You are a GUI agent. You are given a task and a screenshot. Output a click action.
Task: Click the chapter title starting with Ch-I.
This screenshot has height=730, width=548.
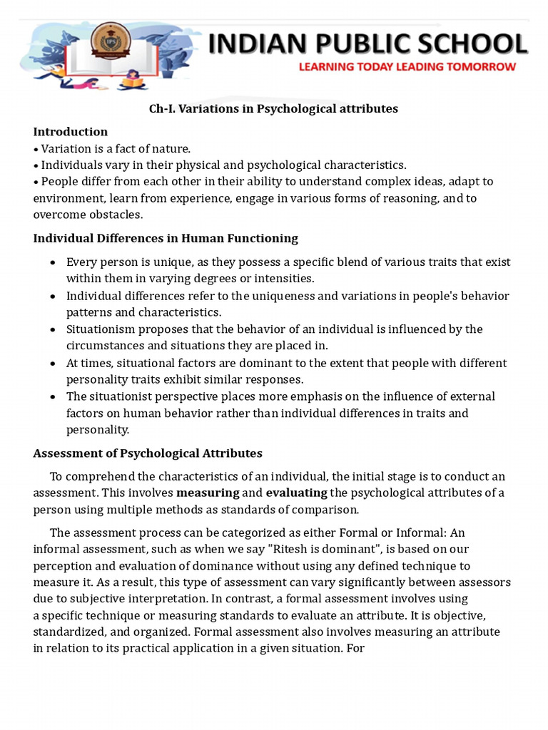pyautogui.click(x=273, y=108)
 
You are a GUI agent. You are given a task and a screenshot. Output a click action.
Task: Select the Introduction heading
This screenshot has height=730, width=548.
pyautogui.click(x=71, y=131)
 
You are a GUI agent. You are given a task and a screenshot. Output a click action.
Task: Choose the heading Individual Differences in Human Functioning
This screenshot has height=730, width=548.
pyautogui.click(x=166, y=237)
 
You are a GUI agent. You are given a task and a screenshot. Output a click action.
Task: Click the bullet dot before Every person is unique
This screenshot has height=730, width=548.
pyautogui.click(x=53, y=262)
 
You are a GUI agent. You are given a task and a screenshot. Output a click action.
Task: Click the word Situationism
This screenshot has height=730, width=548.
pyautogui.click(x=100, y=329)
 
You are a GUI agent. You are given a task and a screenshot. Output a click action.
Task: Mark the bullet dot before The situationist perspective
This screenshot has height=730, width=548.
pyautogui.click(x=53, y=396)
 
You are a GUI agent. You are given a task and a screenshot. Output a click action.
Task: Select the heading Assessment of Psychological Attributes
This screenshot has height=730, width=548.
pyautogui.click(x=148, y=453)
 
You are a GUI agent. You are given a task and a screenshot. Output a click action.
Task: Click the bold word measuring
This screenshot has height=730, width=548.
pyautogui.click(x=208, y=493)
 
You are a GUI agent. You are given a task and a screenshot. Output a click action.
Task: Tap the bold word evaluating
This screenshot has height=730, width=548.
pyautogui.click(x=296, y=493)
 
